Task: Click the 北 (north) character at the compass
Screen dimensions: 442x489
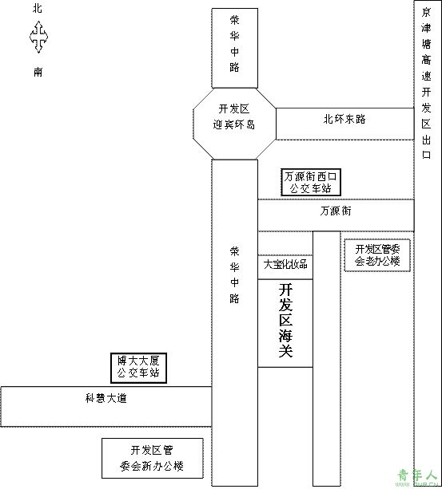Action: tap(38, 8)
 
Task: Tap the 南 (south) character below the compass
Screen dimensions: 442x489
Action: tap(38, 72)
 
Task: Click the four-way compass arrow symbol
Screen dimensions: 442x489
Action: tap(38, 37)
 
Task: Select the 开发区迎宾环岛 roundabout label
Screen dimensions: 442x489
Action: tap(234, 116)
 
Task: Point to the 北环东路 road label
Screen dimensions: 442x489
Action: tap(344, 119)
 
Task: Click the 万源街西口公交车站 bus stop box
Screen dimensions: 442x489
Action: tap(311, 183)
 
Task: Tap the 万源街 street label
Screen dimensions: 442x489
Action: tap(336, 211)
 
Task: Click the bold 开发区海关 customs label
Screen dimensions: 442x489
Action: tap(285, 321)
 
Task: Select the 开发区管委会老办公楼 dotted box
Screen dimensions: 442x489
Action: tap(377, 255)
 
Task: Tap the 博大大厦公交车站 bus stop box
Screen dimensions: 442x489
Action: tap(139, 368)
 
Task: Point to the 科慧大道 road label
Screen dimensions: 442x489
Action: tap(106, 398)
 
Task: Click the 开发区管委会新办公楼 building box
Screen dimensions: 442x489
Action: tap(153, 458)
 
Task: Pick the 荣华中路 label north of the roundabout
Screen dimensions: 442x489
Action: tap(235, 44)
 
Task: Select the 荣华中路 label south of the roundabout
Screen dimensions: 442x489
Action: tap(235, 275)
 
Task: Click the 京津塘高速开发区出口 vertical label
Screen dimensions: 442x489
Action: tap(426, 84)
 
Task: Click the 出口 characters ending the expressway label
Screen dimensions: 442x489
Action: tap(426, 147)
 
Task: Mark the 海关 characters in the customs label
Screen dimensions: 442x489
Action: tap(285, 343)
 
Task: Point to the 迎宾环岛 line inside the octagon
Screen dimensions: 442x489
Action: tap(234, 124)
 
